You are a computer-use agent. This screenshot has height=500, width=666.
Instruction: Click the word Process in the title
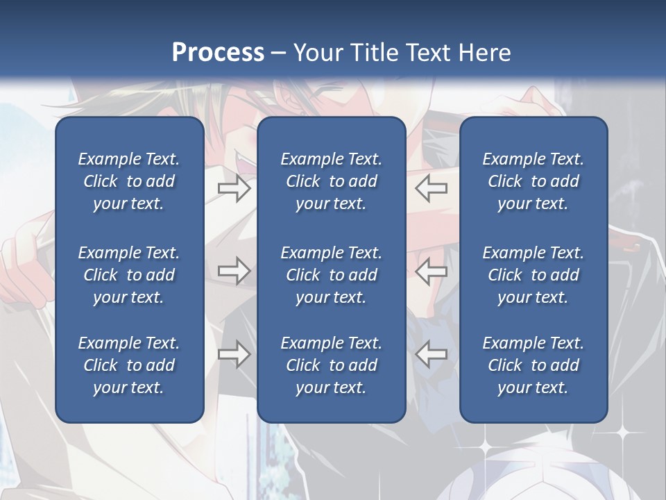pos(218,53)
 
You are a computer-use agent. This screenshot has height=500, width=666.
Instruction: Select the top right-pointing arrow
pos(234,188)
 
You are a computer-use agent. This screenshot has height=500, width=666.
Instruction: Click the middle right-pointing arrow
pos(234,271)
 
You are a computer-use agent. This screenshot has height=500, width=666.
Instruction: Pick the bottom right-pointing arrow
pos(234,354)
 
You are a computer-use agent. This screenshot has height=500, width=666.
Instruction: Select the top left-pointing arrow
pos(432,188)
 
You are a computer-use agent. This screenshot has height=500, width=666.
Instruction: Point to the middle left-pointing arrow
pos(432,271)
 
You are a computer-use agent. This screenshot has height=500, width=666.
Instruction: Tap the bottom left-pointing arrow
pos(432,354)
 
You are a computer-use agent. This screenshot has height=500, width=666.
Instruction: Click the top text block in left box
pos(129,181)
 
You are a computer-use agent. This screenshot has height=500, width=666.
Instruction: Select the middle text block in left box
pos(129,275)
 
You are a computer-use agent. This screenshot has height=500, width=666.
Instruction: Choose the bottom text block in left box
pos(129,365)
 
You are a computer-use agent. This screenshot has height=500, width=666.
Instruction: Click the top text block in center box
pos(331,181)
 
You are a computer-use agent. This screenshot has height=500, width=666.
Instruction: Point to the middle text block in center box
pos(331,275)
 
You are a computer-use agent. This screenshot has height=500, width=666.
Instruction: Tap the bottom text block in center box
pos(331,365)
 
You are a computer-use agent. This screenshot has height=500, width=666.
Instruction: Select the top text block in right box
pos(533,181)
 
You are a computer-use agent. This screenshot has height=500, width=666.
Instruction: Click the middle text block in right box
pos(533,275)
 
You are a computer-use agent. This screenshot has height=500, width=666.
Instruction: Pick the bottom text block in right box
pos(533,365)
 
